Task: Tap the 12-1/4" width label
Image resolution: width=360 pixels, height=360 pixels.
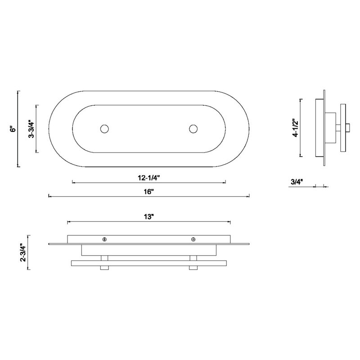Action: point(148,178)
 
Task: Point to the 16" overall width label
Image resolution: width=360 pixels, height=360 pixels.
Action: point(149,192)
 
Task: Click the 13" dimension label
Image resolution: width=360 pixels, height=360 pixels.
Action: point(149,217)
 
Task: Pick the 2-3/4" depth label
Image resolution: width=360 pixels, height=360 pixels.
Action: point(23,252)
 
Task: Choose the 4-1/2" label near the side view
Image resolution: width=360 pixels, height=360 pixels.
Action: point(296,128)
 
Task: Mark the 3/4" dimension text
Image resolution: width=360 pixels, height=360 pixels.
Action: point(297,182)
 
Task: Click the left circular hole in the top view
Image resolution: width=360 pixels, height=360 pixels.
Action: point(104,129)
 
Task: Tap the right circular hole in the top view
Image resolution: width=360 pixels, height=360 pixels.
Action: point(193,129)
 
